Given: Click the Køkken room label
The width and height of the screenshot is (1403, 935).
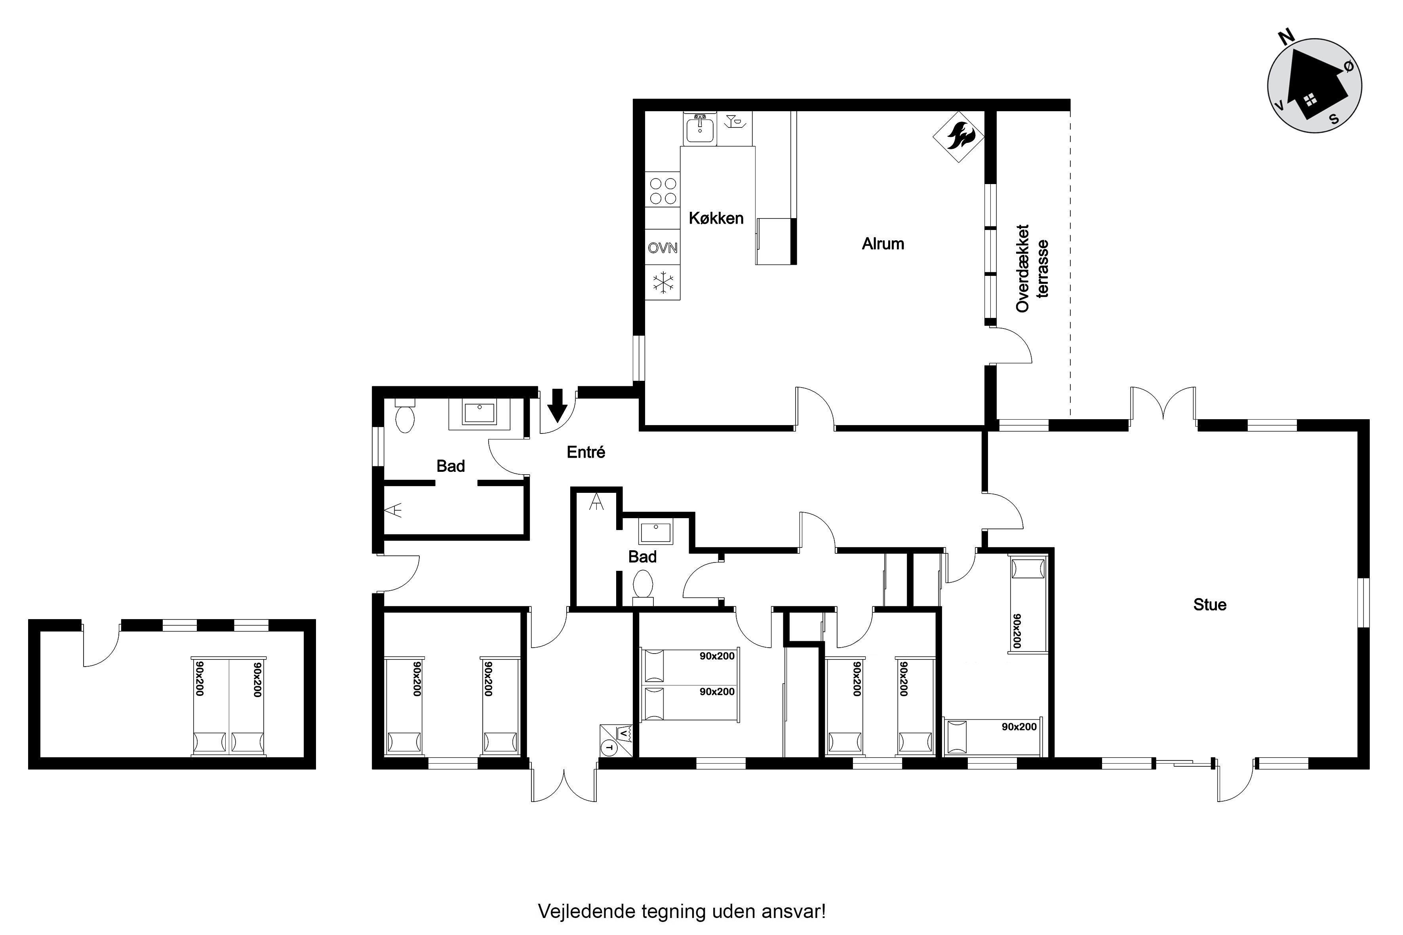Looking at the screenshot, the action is click(x=716, y=218).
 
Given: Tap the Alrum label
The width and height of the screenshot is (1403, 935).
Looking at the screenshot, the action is click(x=883, y=243).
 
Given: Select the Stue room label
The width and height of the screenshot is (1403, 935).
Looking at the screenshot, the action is click(x=1210, y=604).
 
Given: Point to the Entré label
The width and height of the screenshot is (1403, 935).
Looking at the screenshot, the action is click(x=586, y=452).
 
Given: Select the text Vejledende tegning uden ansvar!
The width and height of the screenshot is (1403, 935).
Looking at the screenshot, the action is click(x=682, y=912).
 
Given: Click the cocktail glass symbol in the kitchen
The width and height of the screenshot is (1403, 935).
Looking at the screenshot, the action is click(x=734, y=122).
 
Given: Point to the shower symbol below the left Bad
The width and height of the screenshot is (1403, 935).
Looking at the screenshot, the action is click(x=393, y=510).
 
